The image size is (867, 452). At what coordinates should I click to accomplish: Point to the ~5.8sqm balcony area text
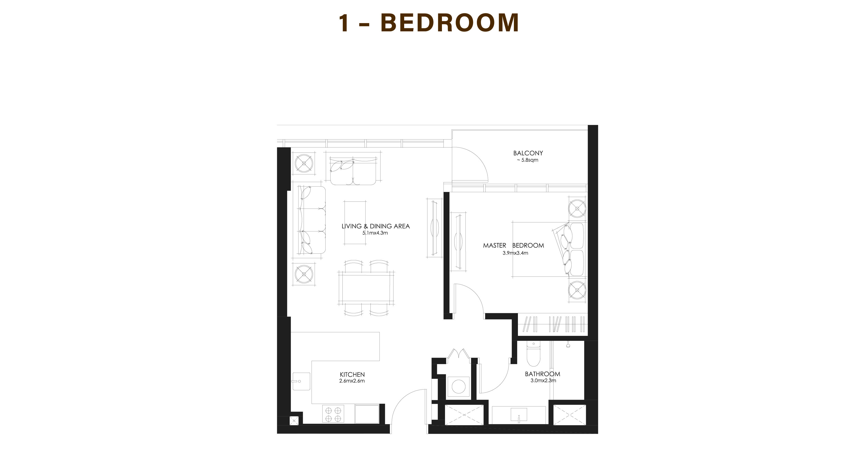click(x=527, y=160)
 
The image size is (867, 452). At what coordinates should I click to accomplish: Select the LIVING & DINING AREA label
click(x=376, y=226)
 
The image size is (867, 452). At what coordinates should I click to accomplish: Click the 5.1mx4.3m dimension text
click(x=375, y=233)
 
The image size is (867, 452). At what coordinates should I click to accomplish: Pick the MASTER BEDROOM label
click(x=513, y=246)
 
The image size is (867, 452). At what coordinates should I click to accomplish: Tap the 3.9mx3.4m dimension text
click(x=515, y=253)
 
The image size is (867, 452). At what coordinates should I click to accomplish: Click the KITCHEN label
click(x=352, y=375)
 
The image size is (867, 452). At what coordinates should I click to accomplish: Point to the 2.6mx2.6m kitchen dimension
click(x=352, y=381)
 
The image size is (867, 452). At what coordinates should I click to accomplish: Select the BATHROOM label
click(x=543, y=374)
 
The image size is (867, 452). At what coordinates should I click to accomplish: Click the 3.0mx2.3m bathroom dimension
click(x=543, y=381)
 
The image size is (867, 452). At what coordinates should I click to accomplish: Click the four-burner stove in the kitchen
click(x=333, y=414)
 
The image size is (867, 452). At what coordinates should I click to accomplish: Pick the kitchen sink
click(x=301, y=381)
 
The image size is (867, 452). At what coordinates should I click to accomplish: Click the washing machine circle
click(x=458, y=386)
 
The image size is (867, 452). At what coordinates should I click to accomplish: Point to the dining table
click(x=366, y=288)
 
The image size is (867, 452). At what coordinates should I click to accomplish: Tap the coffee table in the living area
click(x=355, y=223)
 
